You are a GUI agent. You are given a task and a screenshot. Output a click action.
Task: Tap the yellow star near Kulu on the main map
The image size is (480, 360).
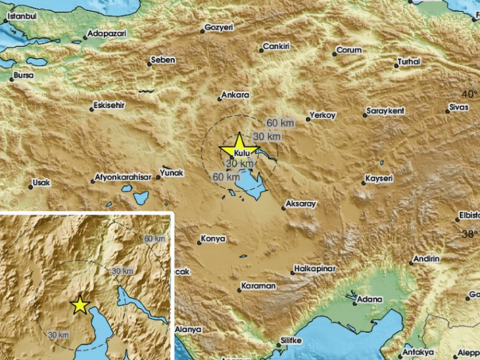236,148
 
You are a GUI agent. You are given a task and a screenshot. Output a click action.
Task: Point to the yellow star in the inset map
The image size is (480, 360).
79,305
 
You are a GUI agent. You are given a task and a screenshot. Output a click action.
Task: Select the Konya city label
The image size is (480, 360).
213,238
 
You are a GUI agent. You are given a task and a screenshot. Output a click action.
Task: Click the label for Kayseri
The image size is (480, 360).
378,179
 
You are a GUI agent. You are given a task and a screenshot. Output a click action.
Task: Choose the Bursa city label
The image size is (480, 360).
22,77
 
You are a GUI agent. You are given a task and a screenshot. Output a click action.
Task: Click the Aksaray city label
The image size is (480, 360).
300,204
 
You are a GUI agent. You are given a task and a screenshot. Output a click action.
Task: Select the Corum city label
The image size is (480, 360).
349,50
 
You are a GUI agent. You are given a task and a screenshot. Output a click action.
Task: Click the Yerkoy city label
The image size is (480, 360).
323,115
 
